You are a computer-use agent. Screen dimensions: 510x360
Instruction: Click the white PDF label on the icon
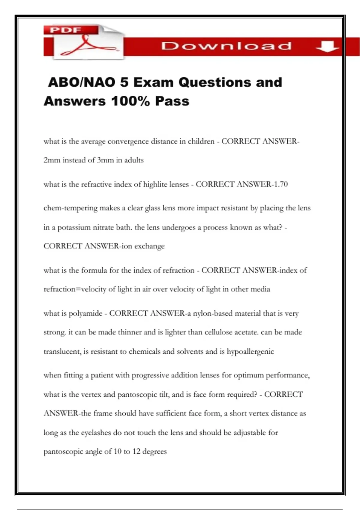(65, 30)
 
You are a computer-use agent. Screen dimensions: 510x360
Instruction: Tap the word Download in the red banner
(226, 46)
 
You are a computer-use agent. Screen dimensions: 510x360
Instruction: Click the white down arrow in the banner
(327, 46)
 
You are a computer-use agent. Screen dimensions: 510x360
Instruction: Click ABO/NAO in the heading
(81, 82)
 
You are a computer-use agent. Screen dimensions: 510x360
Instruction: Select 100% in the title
(130, 101)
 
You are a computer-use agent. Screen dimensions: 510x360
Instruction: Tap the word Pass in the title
(172, 101)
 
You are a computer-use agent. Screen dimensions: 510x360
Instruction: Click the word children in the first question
(201, 141)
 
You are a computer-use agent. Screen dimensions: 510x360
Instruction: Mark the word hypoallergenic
(250, 352)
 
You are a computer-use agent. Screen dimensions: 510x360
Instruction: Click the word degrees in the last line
(154, 451)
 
